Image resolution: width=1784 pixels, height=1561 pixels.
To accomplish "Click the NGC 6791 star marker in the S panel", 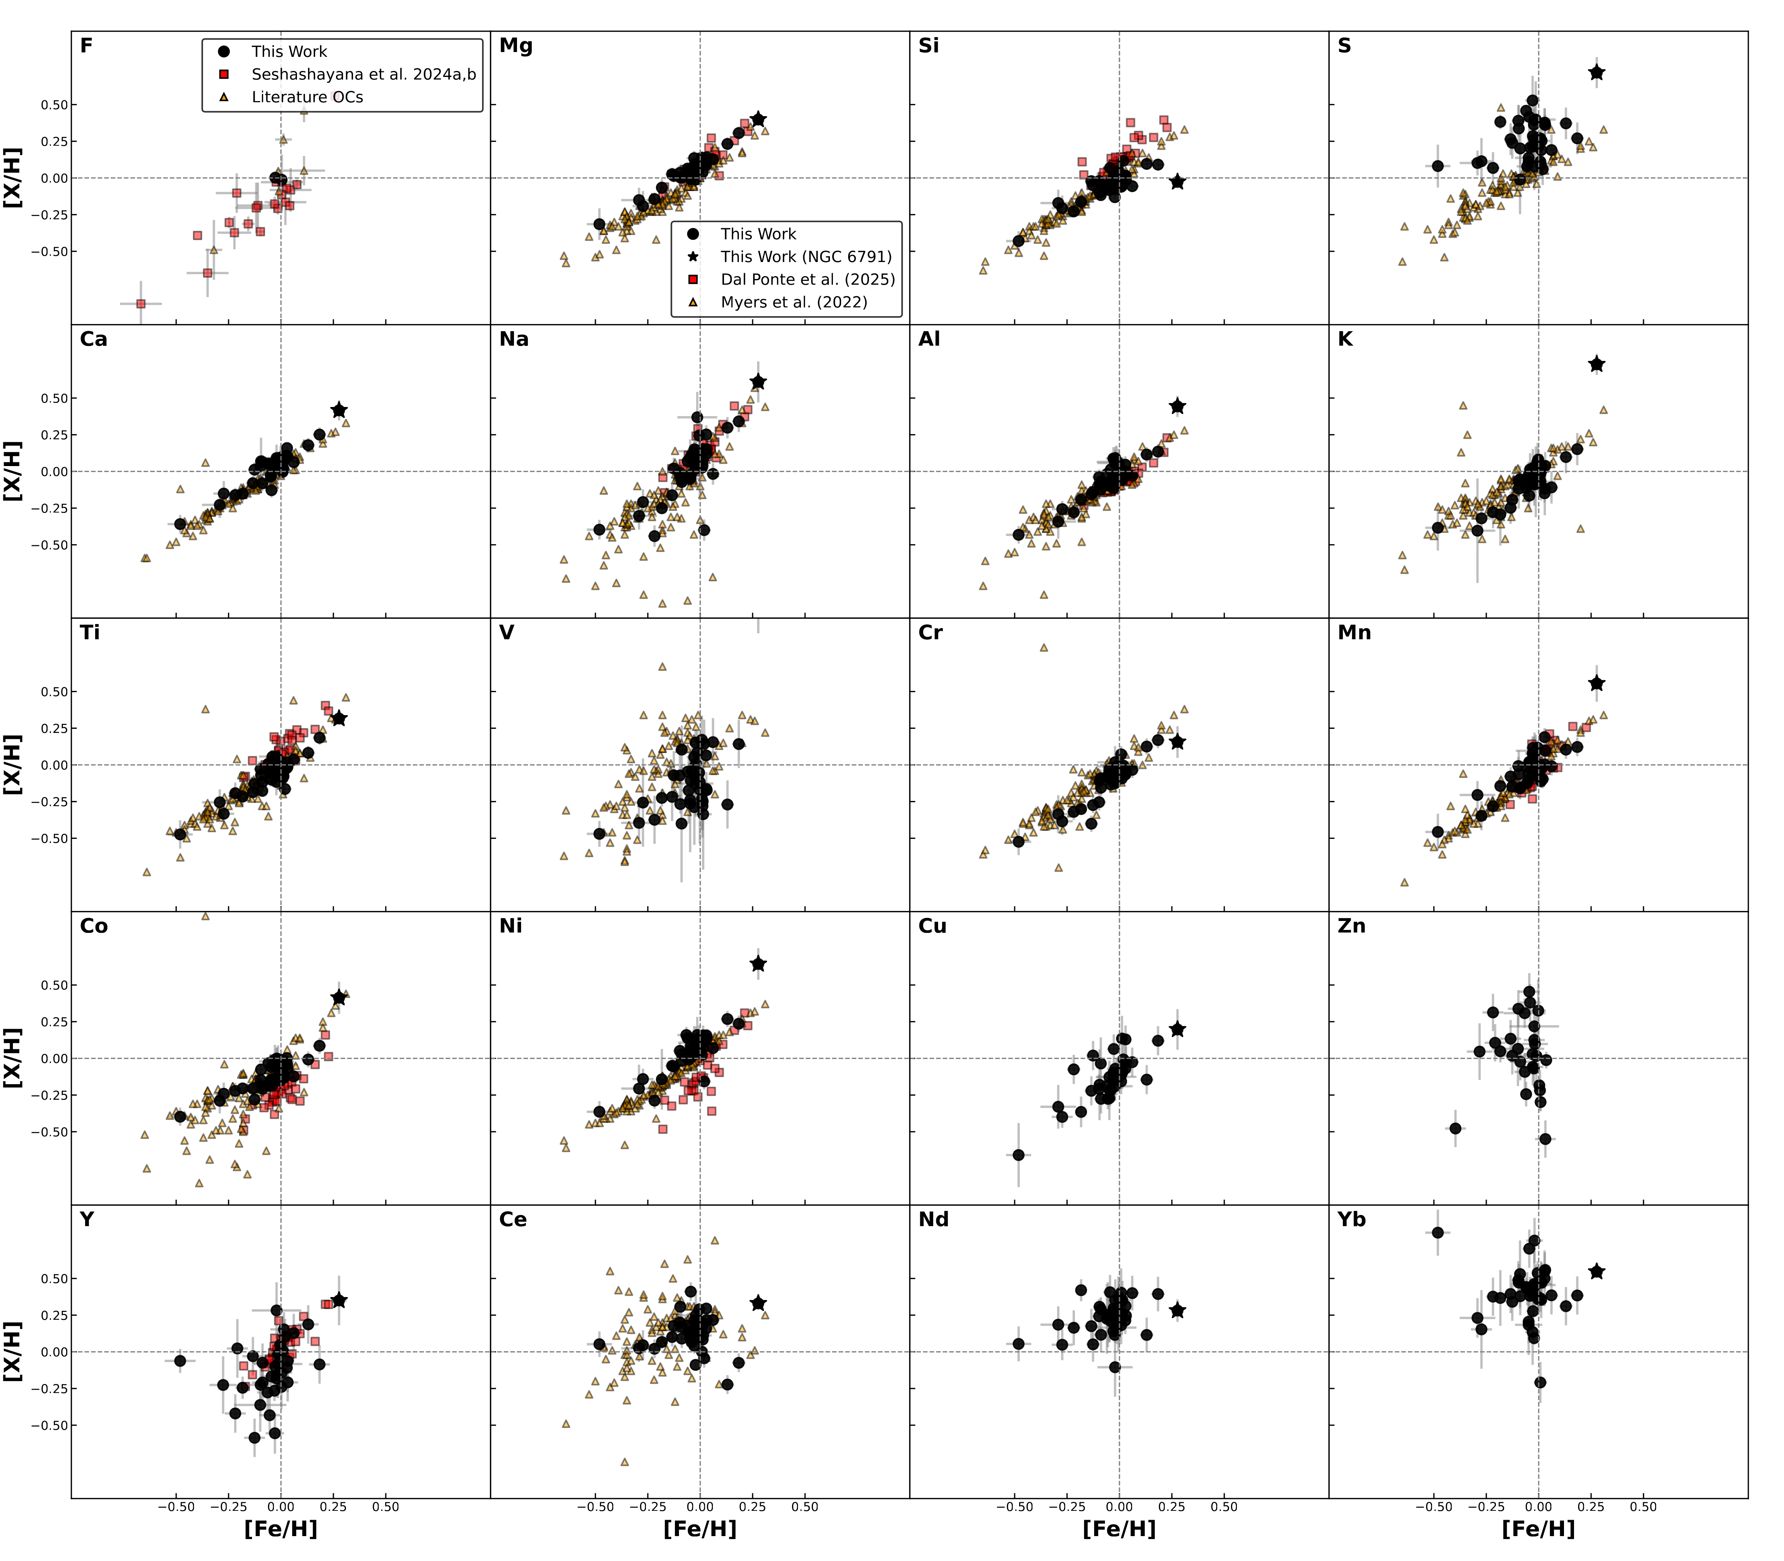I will (x=1596, y=72).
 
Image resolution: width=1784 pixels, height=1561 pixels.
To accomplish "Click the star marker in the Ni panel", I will (x=758, y=963).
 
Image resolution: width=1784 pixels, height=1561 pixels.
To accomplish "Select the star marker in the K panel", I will (x=1596, y=364).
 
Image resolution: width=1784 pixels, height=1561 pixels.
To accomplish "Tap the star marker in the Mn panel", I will (x=1596, y=684).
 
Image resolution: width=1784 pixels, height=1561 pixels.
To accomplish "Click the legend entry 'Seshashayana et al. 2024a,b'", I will (x=363, y=74).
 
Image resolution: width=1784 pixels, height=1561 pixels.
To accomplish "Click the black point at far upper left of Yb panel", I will (x=1437, y=1232).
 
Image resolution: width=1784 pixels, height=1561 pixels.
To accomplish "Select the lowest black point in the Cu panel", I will (x=1018, y=1155).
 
